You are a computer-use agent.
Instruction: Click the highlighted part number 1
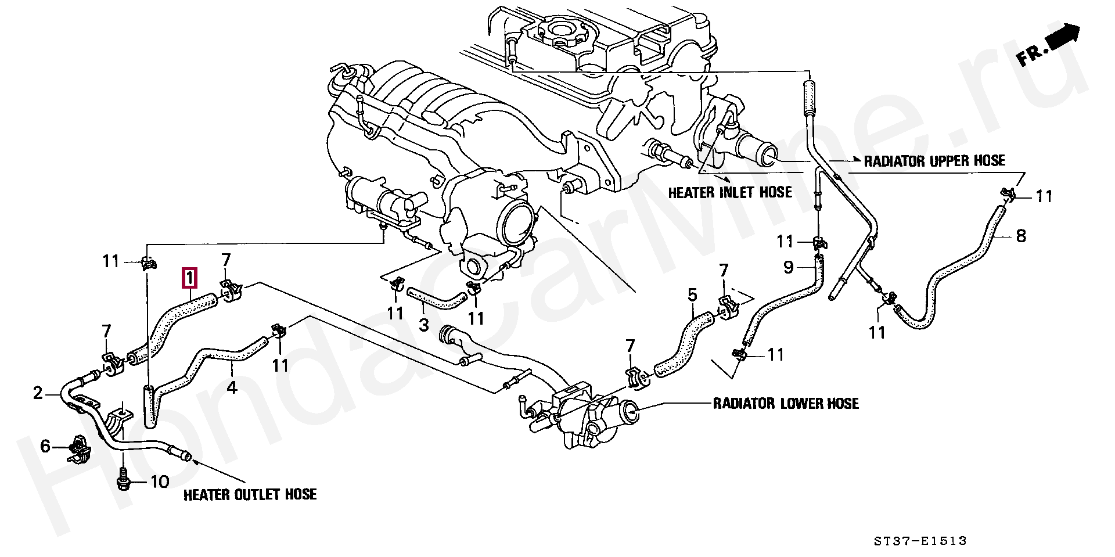(190, 278)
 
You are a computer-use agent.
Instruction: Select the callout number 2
(38, 394)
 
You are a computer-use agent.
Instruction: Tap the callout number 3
(424, 325)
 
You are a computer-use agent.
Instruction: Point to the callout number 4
(232, 386)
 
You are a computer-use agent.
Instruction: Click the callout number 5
(692, 295)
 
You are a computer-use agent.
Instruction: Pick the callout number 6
(45, 447)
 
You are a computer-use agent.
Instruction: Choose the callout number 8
(1020, 236)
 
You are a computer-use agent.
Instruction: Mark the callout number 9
(788, 267)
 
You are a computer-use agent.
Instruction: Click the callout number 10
(160, 481)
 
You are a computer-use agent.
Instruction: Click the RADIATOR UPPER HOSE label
(934, 161)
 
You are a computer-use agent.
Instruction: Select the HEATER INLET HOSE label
(730, 192)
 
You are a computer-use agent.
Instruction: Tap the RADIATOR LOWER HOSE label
(786, 403)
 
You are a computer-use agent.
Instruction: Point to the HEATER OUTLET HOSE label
(250, 495)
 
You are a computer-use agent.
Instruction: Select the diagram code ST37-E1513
(920, 541)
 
